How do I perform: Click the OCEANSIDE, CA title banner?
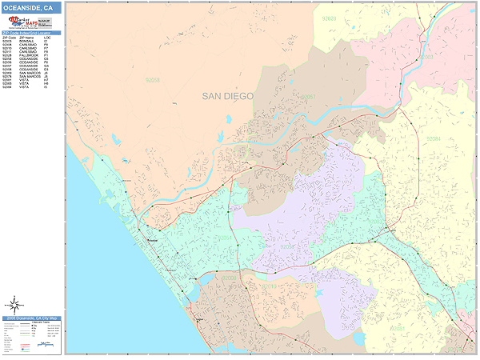pos(31,8)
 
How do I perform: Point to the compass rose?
pos(14,304)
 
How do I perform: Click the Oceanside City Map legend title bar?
pos(31,318)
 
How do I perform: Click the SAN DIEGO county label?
pos(227,96)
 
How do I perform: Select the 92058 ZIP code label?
pos(152,80)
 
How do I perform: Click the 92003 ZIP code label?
pos(426,58)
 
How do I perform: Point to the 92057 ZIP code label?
pos(309,97)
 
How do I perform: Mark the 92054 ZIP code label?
pos(226,238)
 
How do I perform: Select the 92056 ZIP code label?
pos(288,247)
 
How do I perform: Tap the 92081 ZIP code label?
pos(398,329)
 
